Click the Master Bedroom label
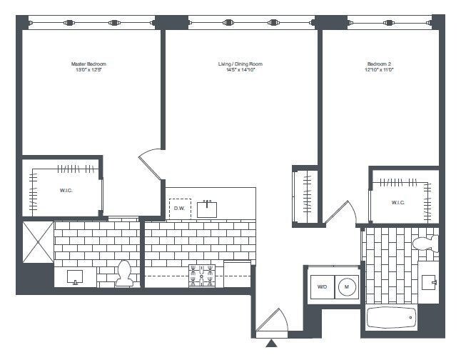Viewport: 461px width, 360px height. (88, 64)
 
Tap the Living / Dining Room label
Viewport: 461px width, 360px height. (236, 64)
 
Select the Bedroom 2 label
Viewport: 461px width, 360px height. (380, 64)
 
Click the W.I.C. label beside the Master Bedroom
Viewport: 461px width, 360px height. (66, 191)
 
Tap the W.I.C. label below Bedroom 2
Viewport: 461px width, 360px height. (398, 202)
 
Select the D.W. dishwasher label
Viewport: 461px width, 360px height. (179, 208)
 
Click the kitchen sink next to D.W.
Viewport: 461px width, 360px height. (208, 208)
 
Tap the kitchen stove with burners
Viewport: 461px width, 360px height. (202, 275)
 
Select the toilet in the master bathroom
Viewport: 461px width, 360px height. (124, 273)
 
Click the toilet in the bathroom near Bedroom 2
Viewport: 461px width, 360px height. (425, 243)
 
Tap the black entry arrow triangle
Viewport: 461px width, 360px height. (271, 345)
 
